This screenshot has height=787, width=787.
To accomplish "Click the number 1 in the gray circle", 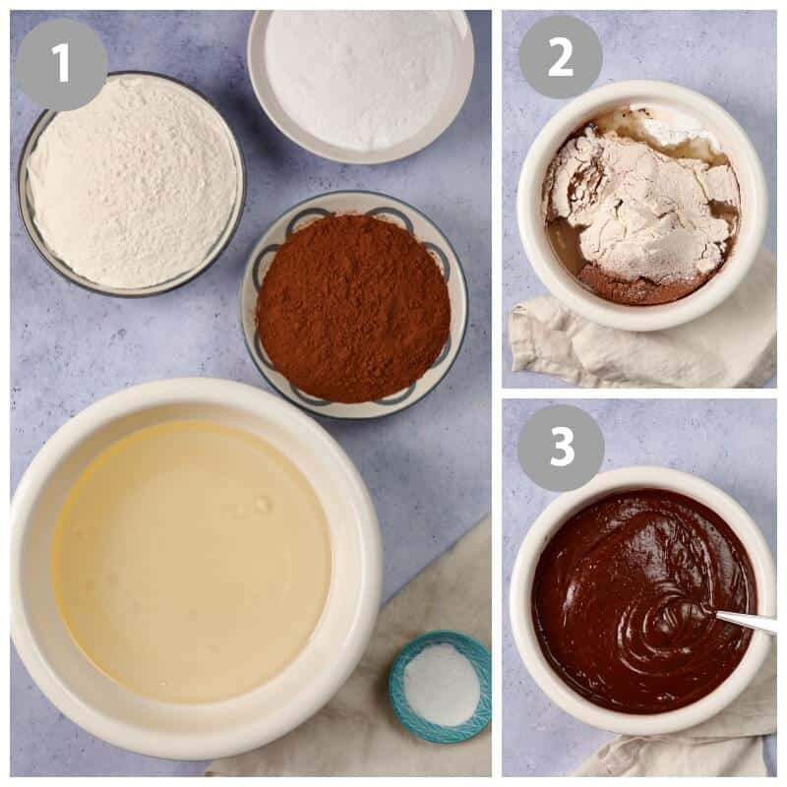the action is click(x=61, y=62).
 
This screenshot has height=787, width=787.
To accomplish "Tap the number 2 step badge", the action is click(x=560, y=57).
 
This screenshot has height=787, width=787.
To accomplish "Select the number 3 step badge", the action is click(x=561, y=448).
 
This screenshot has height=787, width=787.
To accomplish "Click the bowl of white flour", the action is click(x=132, y=183).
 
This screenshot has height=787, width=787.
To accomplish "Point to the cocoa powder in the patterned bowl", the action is click(x=353, y=307).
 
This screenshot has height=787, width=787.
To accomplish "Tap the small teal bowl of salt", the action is click(x=440, y=686).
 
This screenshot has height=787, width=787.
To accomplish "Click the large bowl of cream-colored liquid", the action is click(x=195, y=567).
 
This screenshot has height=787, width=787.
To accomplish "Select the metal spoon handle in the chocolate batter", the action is click(x=746, y=620).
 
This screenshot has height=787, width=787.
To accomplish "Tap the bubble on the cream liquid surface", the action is click(x=262, y=504).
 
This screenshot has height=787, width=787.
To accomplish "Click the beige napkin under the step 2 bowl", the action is click(x=637, y=341).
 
